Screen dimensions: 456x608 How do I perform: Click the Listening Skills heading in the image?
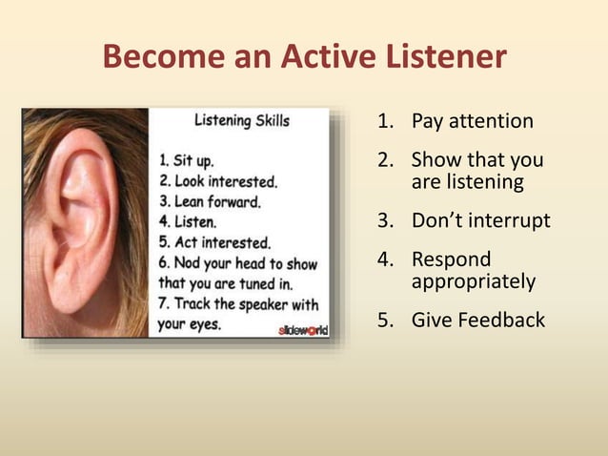[x=242, y=121]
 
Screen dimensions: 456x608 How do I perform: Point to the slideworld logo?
[x=302, y=330]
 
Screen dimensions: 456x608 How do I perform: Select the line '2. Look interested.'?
[x=218, y=181]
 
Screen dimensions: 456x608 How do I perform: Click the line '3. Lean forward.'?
[x=209, y=201]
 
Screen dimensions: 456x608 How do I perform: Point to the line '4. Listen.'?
[x=190, y=221]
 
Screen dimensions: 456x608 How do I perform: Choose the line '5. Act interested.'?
[x=213, y=242]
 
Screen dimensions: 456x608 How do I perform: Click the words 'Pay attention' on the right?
[x=472, y=121]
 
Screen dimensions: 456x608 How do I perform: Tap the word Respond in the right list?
[x=451, y=259]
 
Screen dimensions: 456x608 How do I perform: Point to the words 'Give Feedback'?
[x=477, y=320]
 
